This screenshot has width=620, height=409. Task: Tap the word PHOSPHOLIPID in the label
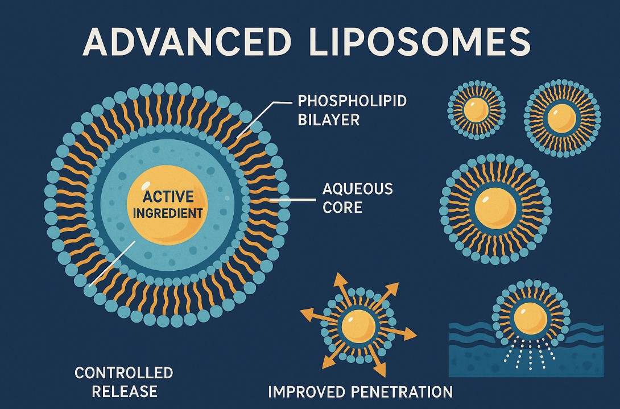tap(352, 102)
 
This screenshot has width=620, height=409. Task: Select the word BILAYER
tap(328, 121)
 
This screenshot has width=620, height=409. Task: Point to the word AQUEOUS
tap(357, 189)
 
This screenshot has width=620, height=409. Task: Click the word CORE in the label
tap(342, 207)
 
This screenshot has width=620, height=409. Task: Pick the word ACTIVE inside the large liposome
tap(168, 197)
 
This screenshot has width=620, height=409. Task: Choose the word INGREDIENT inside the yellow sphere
tap(168, 214)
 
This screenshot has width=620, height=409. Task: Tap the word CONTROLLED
tap(123, 373)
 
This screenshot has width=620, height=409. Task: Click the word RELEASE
tap(124, 391)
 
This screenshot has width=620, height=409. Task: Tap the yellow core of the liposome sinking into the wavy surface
tap(530, 317)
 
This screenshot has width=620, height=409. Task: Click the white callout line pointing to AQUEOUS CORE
tap(292, 200)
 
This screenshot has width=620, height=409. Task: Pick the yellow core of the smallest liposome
tap(476, 109)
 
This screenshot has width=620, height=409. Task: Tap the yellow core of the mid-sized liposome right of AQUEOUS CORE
tap(495, 208)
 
